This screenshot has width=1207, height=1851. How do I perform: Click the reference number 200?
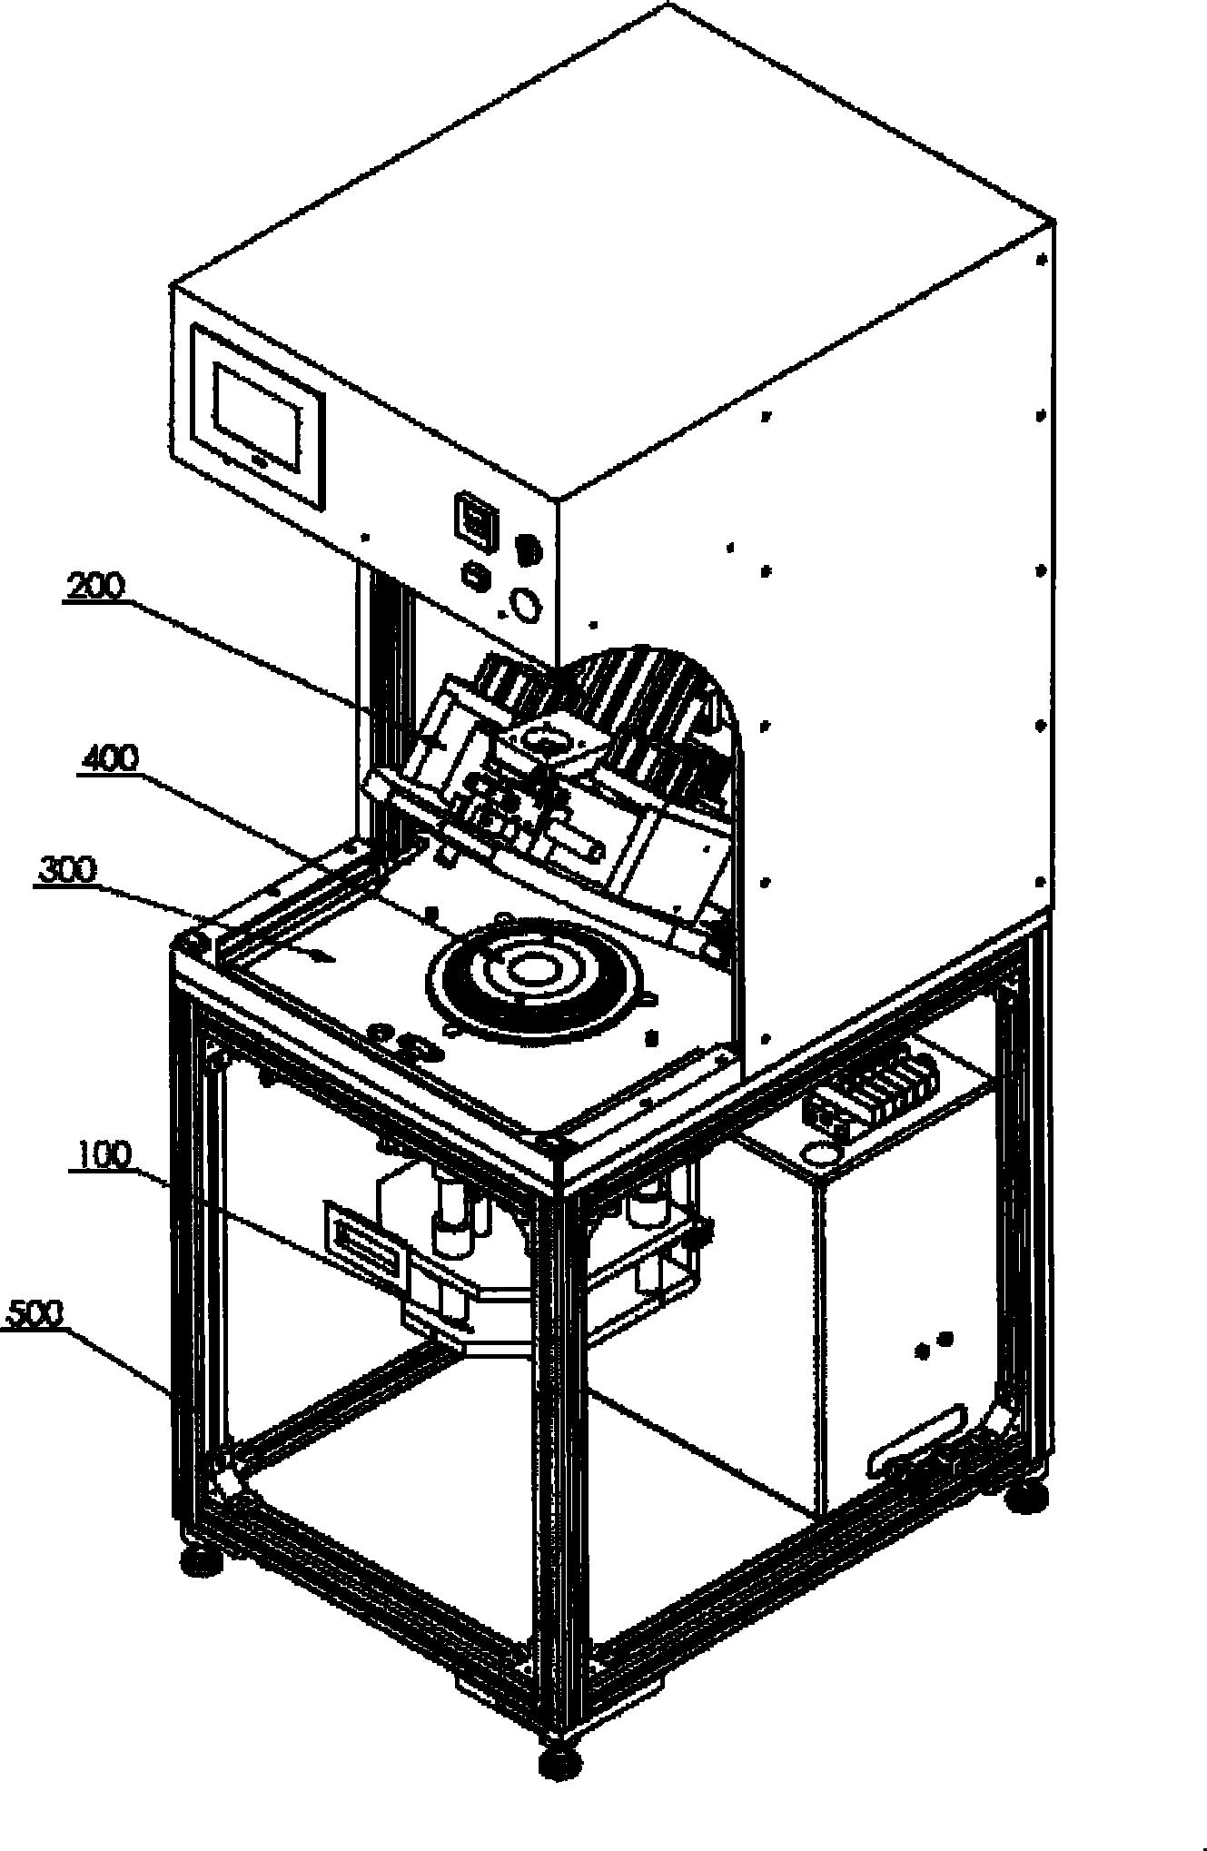click(94, 587)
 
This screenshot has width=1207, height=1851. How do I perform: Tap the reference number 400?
click(109, 757)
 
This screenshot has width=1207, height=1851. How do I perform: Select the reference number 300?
click(66, 870)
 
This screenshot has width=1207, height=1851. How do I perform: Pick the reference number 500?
click(35, 1313)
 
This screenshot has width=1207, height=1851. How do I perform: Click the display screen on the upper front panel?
click(261, 414)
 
